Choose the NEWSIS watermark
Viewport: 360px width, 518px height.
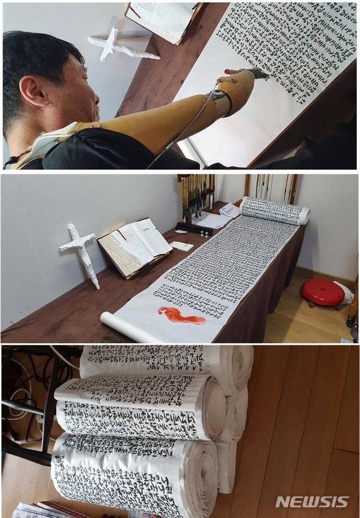click(x=312, y=502)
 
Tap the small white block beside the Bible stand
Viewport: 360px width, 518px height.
click(x=182, y=246)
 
